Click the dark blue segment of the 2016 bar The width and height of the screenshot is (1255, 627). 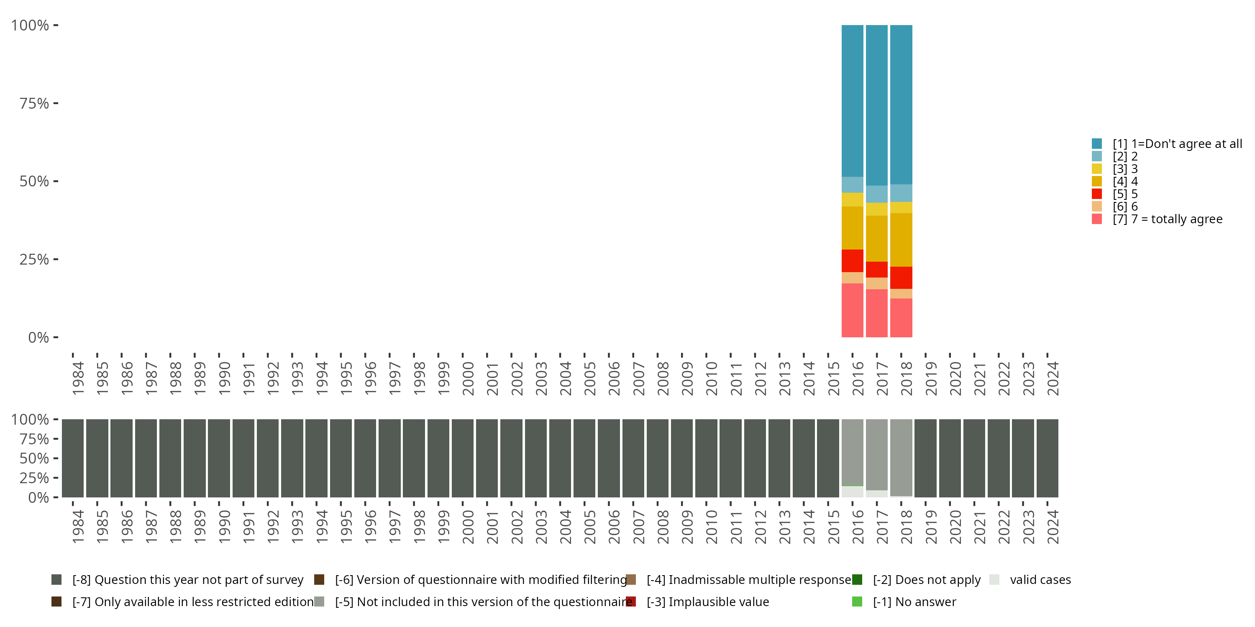coord(852,101)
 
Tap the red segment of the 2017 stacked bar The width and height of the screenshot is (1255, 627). coord(876,269)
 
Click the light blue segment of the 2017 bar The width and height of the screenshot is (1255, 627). coord(876,194)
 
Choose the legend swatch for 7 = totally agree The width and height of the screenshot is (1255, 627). coord(1097,219)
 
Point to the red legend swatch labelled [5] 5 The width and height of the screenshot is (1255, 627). coord(1097,194)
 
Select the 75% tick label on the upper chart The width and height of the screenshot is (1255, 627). coord(34,103)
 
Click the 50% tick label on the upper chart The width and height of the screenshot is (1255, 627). coord(34,181)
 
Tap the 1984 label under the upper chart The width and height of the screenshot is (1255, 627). coord(78,378)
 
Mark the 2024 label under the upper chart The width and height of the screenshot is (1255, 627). coord(1053,378)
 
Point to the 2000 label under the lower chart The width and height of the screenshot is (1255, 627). coord(468,527)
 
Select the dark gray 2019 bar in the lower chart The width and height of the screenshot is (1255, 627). coord(925,458)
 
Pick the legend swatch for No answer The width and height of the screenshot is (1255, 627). coord(857,602)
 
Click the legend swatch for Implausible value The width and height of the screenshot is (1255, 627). coord(631,602)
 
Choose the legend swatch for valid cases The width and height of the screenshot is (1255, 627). coord(994,580)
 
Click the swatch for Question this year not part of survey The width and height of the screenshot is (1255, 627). coord(56,580)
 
